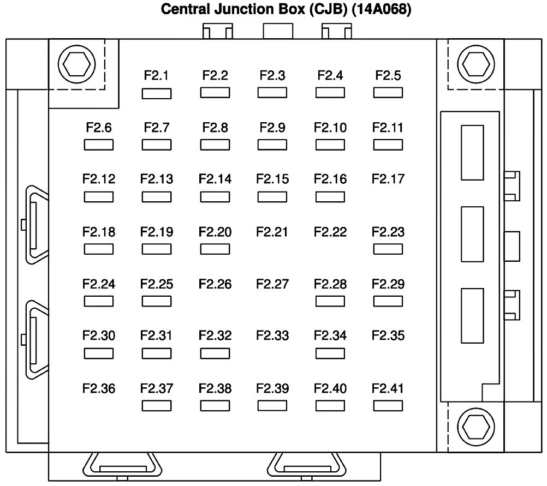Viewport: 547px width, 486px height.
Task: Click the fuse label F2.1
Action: tap(156, 76)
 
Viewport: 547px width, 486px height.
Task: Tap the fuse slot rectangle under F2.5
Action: tap(388, 93)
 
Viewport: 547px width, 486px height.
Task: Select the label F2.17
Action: tap(388, 179)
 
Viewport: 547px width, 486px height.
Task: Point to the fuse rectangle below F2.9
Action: tap(272, 145)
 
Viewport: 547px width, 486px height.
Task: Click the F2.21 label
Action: tap(272, 232)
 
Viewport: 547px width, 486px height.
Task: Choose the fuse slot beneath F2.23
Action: tap(388, 249)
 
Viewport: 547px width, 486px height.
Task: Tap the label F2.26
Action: tap(215, 284)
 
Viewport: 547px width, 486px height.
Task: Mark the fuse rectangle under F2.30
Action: tap(99, 353)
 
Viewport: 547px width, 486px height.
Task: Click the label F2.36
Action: tap(99, 389)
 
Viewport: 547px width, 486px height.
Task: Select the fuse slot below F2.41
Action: tap(388, 406)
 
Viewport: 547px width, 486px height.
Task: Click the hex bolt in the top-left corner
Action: tap(75, 65)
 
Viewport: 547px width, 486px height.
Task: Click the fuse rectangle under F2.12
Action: tap(99, 197)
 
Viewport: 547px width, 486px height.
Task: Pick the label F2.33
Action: tap(272, 335)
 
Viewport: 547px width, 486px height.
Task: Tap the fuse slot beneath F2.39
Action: tap(272, 406)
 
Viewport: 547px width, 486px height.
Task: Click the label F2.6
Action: tap(99, 128)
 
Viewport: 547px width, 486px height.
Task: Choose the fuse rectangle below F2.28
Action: tap(330, 301)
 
